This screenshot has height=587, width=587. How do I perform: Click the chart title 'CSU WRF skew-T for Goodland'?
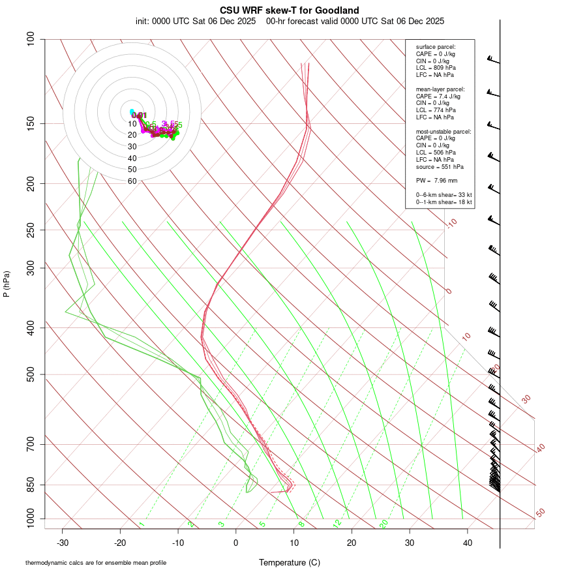click(290, 10)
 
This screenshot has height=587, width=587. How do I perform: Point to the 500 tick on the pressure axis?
click(31, 374)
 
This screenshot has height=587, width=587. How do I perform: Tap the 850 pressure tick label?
click(31, 485)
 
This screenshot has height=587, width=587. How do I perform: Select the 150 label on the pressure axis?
click(31, 123)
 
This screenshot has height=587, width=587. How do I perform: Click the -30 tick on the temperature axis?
click(63, 543)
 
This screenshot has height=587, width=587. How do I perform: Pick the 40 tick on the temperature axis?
click(467, 543)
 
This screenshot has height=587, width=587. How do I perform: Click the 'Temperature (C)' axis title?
click(290, 562)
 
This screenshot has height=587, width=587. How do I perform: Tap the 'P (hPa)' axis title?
click(7, 284)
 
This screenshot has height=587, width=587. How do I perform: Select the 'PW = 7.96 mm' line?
click(436, 181)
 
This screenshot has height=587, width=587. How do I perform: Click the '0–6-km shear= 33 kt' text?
click(444, 195)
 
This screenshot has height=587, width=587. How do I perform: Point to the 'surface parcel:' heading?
click(436, 47)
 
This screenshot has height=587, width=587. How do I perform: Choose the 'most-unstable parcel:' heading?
click(444, 132)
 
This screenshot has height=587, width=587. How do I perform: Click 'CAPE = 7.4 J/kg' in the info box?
click(438, 96)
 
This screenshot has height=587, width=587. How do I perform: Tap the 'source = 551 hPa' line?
click(439, 167)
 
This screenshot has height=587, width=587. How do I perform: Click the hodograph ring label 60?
click(132, 181)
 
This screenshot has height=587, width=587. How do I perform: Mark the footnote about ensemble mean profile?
click(96, 562)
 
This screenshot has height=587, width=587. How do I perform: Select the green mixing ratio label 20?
click(384, 524)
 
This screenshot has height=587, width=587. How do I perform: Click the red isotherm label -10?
click(452, 224)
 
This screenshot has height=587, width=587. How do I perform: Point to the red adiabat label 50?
click(540, 513)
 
